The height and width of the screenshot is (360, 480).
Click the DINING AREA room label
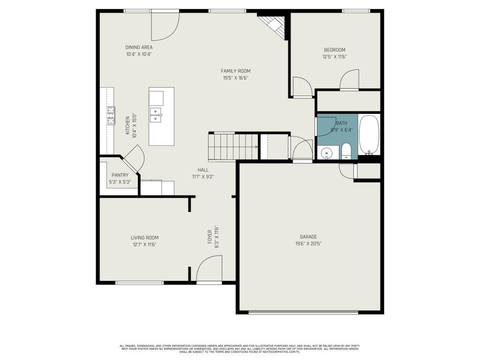139,47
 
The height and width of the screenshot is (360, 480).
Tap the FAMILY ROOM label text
235,71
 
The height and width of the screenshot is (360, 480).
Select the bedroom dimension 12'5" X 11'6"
335,57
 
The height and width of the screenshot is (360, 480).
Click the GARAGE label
308,237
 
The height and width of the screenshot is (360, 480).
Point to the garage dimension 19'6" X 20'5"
308,243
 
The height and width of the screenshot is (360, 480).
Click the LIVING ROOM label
144,238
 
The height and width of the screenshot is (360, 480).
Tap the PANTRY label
120,175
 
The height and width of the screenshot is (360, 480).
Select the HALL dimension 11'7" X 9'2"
203,177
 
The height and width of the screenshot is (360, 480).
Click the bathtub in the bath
369,135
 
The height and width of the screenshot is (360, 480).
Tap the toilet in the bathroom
346,151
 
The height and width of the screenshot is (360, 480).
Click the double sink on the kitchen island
155,114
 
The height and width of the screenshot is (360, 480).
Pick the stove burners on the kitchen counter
111,116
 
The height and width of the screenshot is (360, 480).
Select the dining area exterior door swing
165,26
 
